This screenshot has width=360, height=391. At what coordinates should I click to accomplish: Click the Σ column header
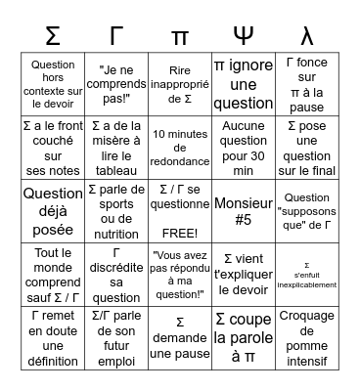coord(54,35)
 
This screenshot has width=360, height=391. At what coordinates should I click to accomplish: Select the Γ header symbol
coord(116,35)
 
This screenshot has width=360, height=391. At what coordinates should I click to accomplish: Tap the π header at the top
coord(179,35)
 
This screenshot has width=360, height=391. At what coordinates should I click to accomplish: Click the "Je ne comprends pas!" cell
coord(116,84)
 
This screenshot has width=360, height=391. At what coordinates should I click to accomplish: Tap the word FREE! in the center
coord(179,233)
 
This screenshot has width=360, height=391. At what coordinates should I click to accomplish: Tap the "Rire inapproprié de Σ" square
coord(179,84)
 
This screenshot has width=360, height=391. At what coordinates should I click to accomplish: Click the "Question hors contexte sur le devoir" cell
coord(54,84)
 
